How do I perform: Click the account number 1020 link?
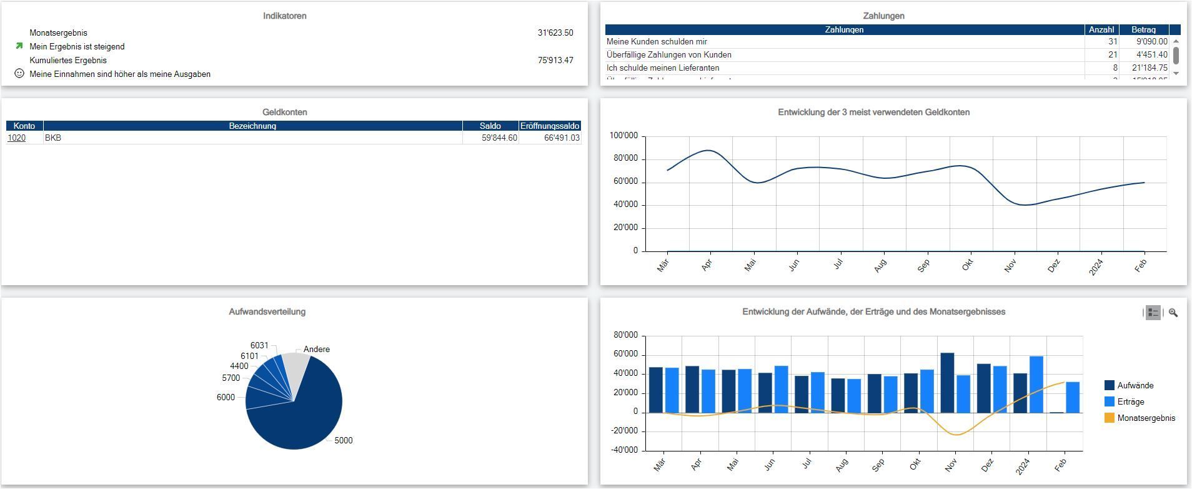pos(16,138)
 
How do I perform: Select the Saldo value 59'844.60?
pos(499,138)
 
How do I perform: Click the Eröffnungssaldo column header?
pos(550,126)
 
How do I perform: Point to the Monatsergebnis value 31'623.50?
pos(555,33)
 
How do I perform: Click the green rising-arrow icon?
pos(19,46)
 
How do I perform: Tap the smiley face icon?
pos(19,74)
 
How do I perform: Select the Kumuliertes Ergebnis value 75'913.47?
pos(555,61)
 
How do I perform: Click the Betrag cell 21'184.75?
pos(1151,68)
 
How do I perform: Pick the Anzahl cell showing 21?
pos(1112,55)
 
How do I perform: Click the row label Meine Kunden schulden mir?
pos(657,42)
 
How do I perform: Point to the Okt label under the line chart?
pos(967,266)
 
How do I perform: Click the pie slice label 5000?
pos(343,441)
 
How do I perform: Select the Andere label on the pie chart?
pos(317,350)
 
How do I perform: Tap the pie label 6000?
pos(226,398)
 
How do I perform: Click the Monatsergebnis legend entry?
pos(1146,418)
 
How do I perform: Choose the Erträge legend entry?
pos(1130,402)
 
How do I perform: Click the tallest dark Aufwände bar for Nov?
pos(947,383)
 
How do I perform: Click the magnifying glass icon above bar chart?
pos(1173,313)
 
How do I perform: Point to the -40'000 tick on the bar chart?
pos(625,450)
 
